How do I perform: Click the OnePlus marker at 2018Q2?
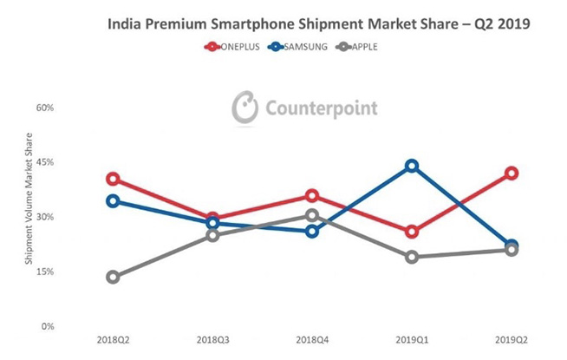click(113, 179)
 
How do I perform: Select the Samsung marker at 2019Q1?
click(412, 166)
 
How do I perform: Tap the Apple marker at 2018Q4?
click(312, 215)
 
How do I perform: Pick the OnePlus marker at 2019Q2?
click(512, 173)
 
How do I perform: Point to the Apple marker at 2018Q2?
click(113, 277)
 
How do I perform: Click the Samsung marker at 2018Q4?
click(312, 231)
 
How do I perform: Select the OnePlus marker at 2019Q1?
click(412, 232)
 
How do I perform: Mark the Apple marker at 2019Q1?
click(412, 257)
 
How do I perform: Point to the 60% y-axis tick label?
click(44, 108)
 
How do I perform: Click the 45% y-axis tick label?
click(44, 162)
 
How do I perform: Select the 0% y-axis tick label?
click(47, 326)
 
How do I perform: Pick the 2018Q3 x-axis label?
click(212, 342)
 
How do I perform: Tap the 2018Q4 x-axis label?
click(312, 342)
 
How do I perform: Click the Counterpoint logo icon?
click(244, 108)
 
